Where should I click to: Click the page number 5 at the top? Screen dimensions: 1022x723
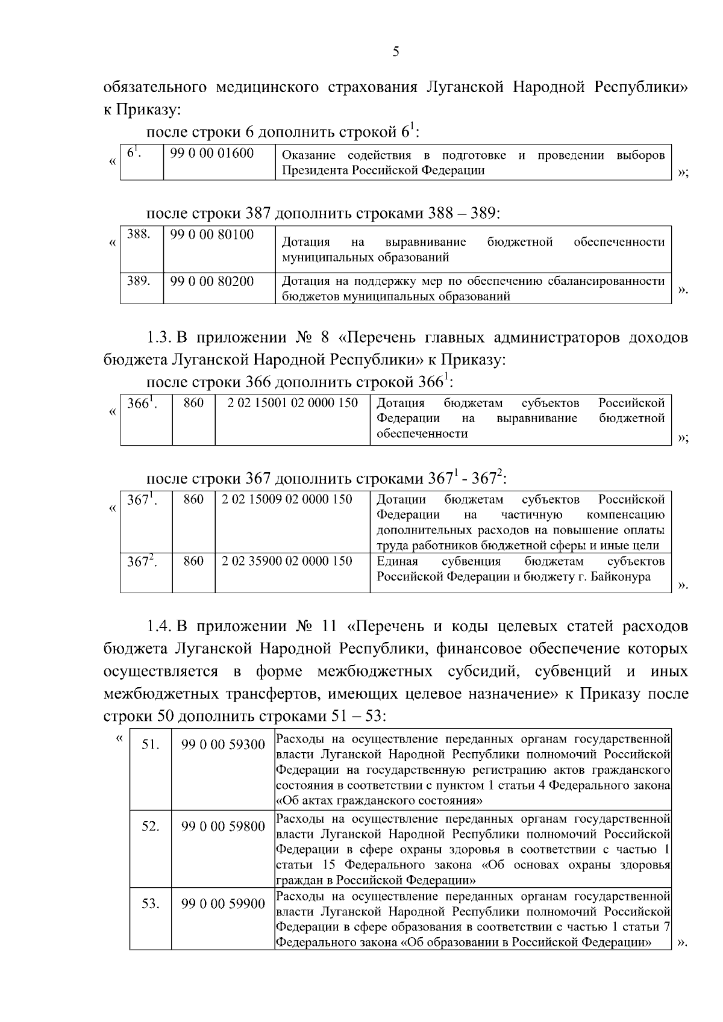tap(396, 52)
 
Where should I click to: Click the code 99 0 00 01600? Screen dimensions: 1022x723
tap(211, 154)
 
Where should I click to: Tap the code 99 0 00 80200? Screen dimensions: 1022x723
tap(211, 281)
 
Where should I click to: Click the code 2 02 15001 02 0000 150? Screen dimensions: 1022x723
tap(293, 403)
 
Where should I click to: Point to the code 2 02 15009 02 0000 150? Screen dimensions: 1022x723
tap(287, 499)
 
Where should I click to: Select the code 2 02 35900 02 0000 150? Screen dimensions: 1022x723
tap(287, 561)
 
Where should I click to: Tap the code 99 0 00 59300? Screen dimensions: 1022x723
tap(223, 745)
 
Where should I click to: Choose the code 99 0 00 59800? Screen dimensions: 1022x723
tap(223, 827)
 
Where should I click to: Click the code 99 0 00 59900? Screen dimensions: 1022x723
tap(223, 904)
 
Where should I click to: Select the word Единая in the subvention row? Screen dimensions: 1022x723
tap(397, 561)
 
